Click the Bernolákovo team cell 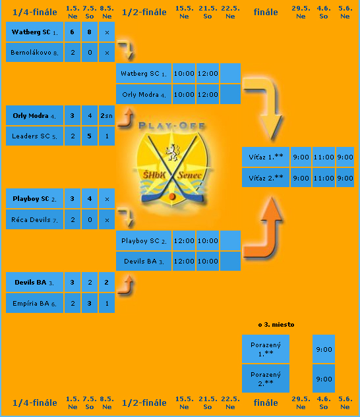coord(34,53)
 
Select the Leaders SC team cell coord(34,136)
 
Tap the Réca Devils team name coord(31,219)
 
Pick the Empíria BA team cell coord(34,303)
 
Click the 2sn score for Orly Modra coord(107,115)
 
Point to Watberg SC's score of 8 coord(90,32)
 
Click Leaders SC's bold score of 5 coord(90,136)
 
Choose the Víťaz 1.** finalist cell coord(266,157)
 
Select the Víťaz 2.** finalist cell coord(266,178)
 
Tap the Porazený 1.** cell coord(266,349)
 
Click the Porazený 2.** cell coord(266,378)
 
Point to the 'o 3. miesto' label coord(276,325)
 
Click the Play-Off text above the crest coord(171,126)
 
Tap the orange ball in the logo coord(172,196)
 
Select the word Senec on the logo coord(190,175)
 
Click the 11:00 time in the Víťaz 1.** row coord(324,157)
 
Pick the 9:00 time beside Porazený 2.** coord(324,378)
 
